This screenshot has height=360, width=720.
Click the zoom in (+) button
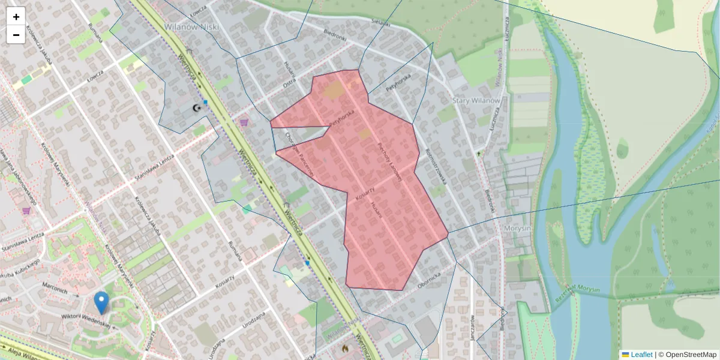click(16, 17)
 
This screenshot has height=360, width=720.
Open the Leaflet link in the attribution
click(641, 355)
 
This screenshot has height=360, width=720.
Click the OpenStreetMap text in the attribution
click(691, 355)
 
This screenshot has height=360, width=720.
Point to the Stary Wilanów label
click(476, 100)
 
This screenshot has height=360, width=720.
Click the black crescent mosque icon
click(196, 108)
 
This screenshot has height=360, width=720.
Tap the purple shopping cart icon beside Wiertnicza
click(244, 122)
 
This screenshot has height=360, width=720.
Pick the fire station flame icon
click(345, 347)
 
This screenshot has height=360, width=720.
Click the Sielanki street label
click(381, 22)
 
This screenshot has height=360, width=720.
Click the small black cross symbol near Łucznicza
click(479, 154)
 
